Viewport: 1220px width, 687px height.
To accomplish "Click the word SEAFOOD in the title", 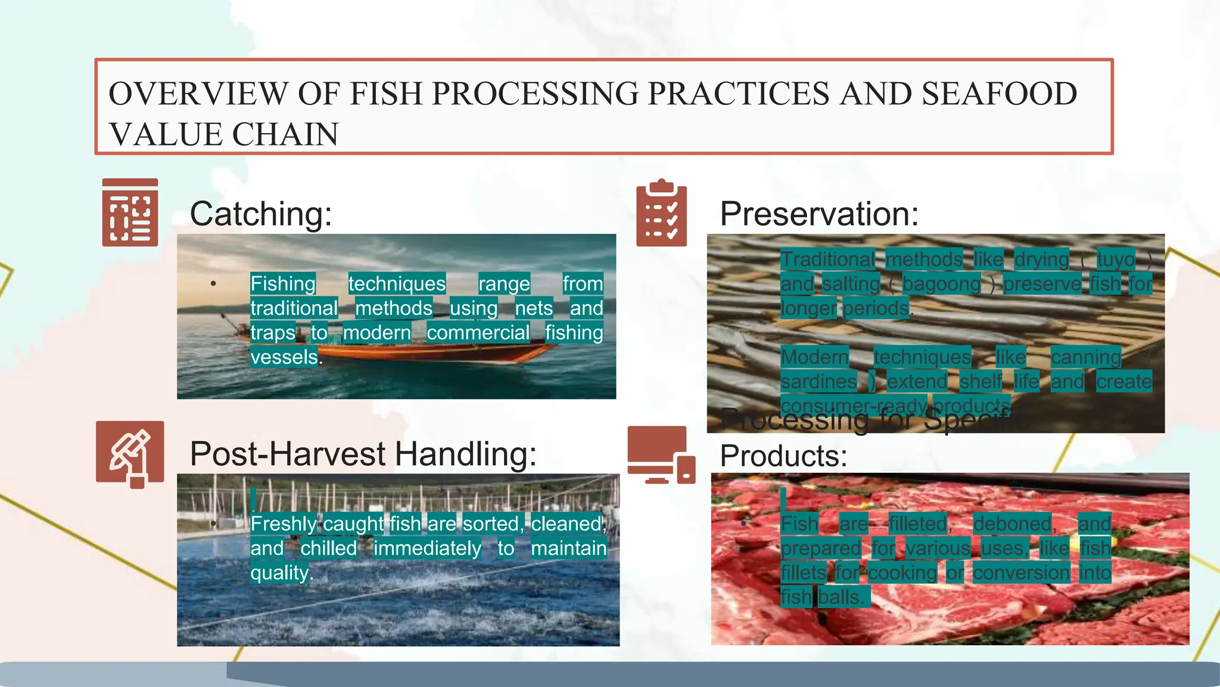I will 999,94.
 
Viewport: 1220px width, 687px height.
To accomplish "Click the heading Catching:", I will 260,213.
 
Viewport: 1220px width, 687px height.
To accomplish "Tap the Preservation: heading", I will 819,213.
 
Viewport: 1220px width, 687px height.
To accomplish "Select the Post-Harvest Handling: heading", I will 363,454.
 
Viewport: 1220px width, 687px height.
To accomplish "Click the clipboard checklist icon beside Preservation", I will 661,213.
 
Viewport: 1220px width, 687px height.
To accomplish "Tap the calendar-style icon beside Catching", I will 130,212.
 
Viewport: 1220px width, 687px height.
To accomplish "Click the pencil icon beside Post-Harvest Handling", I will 130,454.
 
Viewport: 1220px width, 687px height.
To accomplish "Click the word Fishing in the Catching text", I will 283,283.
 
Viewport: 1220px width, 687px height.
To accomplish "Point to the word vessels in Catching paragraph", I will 284,357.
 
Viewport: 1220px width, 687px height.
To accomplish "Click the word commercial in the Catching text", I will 478,333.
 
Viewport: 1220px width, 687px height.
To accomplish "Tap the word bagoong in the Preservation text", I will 941,284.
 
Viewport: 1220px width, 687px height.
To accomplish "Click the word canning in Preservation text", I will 1085,357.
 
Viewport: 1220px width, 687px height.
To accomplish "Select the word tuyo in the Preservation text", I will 1115,259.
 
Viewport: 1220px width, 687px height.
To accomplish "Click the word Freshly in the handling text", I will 284,524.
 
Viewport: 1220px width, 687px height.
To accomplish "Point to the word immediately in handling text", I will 427,548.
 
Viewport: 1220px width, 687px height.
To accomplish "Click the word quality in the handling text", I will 279,572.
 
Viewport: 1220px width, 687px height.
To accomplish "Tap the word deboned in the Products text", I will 1013,524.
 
